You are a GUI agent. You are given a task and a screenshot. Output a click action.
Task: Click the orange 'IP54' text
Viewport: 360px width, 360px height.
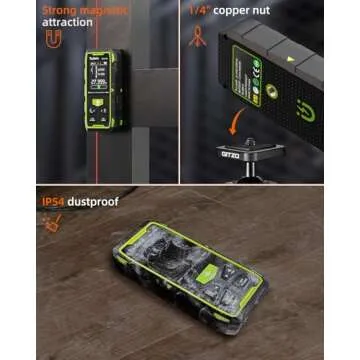54,201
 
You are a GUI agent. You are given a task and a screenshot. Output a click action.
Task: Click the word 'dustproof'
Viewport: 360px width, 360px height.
93,201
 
